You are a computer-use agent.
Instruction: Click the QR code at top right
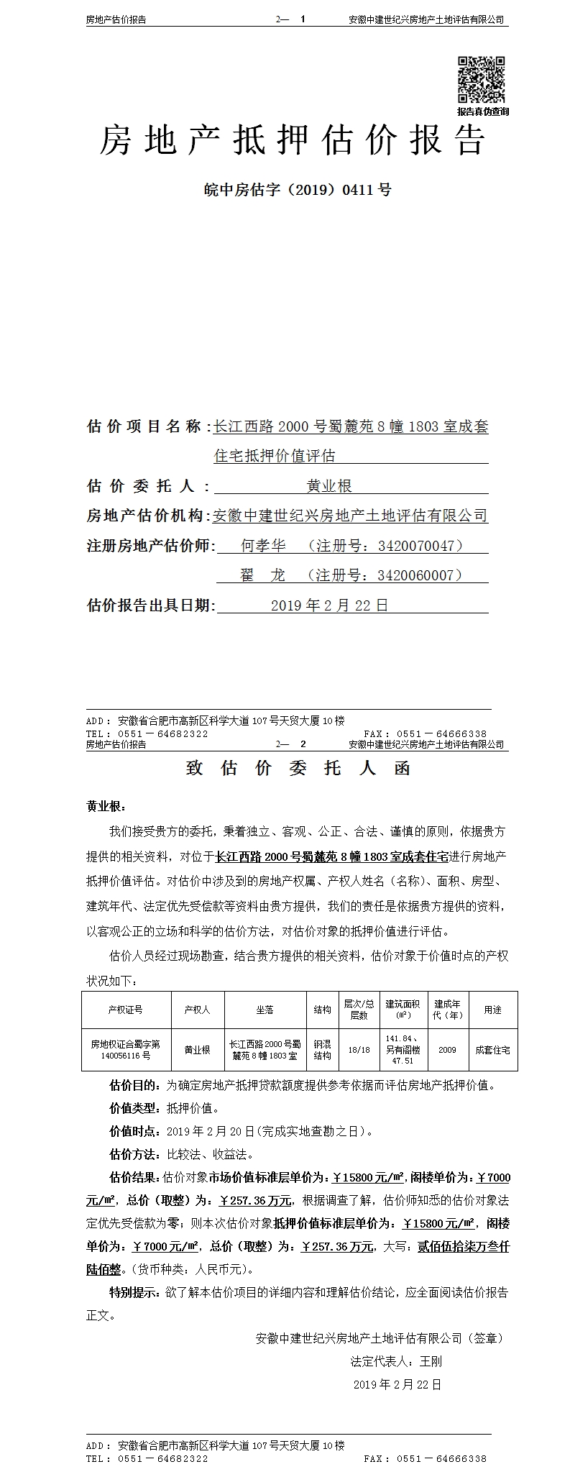coord(482,80)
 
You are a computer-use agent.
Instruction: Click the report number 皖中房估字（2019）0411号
coord(298,191)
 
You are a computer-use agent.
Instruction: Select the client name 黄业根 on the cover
coord(329,486)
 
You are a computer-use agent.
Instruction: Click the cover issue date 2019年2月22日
coord(329,605)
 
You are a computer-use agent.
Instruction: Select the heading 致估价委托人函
coord(298,768)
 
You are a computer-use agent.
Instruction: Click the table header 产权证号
coord(126,1010)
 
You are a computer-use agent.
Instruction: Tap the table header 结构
coord(322,1010)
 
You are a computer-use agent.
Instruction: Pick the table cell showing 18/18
coord(359,1050)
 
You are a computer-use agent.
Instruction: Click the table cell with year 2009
coord(447,1050)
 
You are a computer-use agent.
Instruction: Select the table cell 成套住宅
coord(492,1050)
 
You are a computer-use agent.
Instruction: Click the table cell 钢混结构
coord(322,1050)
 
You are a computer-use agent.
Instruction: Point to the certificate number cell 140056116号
coord(126,1056)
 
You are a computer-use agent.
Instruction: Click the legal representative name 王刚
coord(431,1361)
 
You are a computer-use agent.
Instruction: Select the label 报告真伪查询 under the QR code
coord(482,111)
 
